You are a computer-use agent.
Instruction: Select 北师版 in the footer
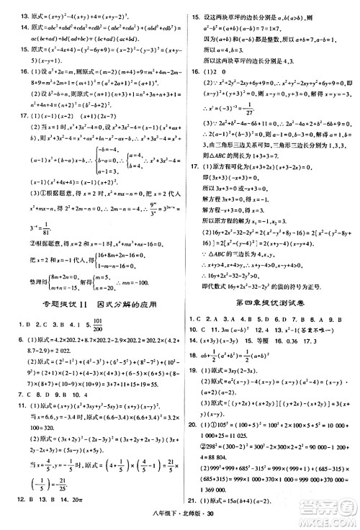coord(189,522)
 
